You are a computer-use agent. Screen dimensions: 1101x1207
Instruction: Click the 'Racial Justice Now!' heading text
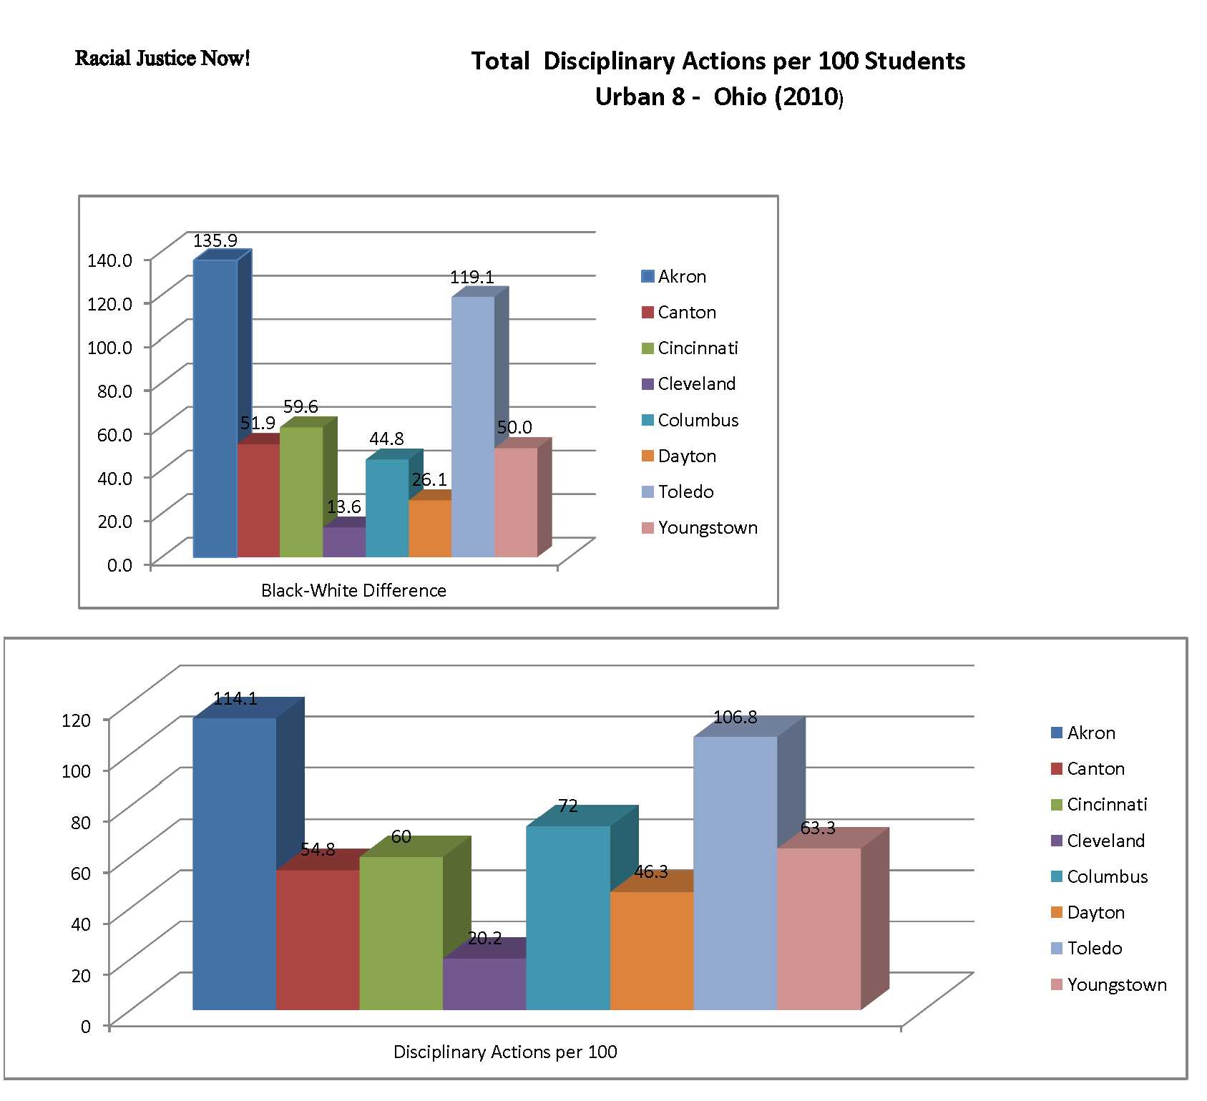point(162,58)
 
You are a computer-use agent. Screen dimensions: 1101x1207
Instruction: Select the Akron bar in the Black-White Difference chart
point(215,408)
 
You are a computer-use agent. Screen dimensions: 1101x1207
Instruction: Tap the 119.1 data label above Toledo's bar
point(471,277)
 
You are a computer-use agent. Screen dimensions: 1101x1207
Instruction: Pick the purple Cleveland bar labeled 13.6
point(344,542)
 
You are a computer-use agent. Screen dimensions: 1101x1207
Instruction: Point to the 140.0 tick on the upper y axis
point(109,259)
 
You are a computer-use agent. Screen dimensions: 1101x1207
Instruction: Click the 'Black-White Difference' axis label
point(353,590)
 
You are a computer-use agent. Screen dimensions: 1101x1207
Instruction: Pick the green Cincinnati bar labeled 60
point(401,933)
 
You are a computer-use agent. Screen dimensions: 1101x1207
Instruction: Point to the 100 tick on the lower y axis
point(78,770)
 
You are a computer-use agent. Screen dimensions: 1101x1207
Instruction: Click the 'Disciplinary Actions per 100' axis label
point(505,1052)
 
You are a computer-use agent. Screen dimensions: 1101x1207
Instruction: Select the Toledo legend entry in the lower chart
point(1094,949)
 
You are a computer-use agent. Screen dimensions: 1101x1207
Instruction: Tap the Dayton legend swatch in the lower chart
point(1057,913)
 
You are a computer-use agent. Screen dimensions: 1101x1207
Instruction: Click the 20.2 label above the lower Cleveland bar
point(484,938)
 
